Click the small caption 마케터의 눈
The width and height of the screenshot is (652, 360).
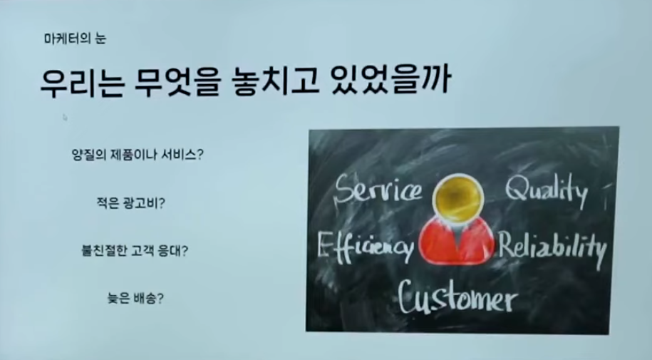(x=75, y=38)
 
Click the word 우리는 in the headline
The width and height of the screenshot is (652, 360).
(x=82, y=82)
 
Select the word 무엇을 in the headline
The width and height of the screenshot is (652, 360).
(x=176, y=82)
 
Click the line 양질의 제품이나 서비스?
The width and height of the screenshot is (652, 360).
(x=138, y=155)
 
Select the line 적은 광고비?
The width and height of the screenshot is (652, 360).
(x=131, y=203)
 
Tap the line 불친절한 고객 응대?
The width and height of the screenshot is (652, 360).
(x=135, y=250)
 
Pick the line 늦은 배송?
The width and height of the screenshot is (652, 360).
(x=135, y=298)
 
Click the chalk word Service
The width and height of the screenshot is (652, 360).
(x=378, y=190)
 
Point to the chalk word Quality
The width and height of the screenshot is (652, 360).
(x=547, y=190)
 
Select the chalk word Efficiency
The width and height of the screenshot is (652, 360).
(x=365, y=247)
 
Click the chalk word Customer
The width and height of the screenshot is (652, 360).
(x=457, y=297)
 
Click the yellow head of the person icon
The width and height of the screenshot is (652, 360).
(x=457, y=197)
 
